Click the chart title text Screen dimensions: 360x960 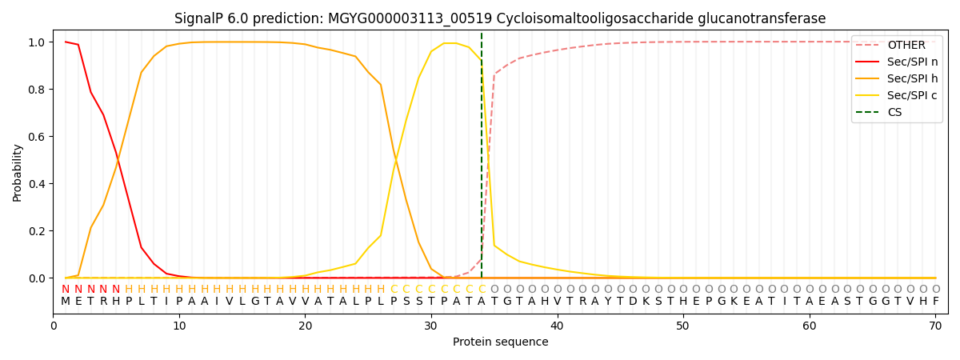coord(500,18)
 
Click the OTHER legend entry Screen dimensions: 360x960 coord(906,46)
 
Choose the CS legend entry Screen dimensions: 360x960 coord(894,112)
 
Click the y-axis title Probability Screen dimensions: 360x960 coord(18,173)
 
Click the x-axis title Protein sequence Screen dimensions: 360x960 coord(500,342)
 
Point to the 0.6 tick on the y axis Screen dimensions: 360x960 coord(35,137)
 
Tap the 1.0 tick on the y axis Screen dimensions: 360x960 coord(35,42)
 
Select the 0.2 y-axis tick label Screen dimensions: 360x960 coord(35,231)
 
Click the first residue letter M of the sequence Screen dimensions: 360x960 coord(66,302)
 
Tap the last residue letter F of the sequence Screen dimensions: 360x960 coord(935,302)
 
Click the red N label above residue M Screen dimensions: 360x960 coord(66,290)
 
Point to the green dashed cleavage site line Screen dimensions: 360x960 coord(482,160)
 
